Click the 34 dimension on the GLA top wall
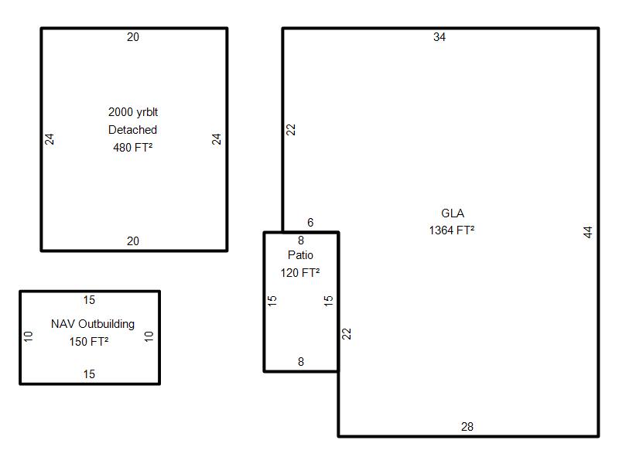click(x=439, y=37)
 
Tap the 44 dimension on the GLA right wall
click(x=588, y=232)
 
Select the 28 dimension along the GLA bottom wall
click(x=467, y=427)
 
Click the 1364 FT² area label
click(x=452, y=230)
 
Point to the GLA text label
click(x=453, y=213)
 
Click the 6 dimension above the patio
click(x=310, y=223)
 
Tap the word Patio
click(x=300, y=255)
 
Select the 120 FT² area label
click(x=300, y=273)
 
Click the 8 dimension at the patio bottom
click(x=301, y=361)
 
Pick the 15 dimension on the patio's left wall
click(x=272, y=301)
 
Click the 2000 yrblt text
click(x=133, y=112)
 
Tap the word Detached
click(x=132, y=130)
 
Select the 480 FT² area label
click(x=132, y=148)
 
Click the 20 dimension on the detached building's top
click(x=133, y=37)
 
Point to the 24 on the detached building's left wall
click(x=49, y=139)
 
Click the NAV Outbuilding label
click(x=93, y=324)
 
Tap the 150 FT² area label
click(x=89, y=342)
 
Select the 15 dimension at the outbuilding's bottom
click(x=89, y=374)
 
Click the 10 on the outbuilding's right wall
click(x=149, y=336)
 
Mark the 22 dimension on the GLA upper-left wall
click(x=291, y=129)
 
